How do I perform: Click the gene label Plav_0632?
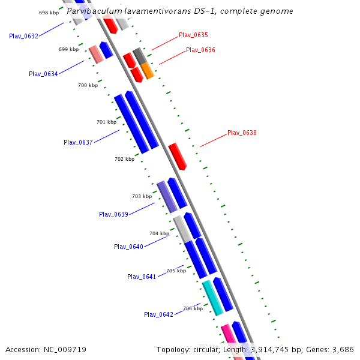tap(24, 36)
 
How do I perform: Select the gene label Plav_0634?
tap(43, 74)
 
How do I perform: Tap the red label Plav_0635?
tap(193, 35)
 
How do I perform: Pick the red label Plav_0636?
tap(200, 50)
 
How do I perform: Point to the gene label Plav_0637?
tap(78, 142)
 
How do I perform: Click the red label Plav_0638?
tap(242, 133)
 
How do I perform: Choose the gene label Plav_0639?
tap(113, 214)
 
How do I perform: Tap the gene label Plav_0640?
tap(128, 247)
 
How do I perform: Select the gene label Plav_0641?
tap(142, 277)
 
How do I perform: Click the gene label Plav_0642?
tap(158, 314)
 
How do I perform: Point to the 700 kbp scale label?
tap(88, 86)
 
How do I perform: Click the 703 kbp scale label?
tap(142, 196)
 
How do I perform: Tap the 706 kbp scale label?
tap(193, 308)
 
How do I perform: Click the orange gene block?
tap(148, 70)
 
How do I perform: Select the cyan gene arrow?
tap(212, 298)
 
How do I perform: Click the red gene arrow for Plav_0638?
tap(178, 156)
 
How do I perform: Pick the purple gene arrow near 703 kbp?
tap(167, 197)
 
